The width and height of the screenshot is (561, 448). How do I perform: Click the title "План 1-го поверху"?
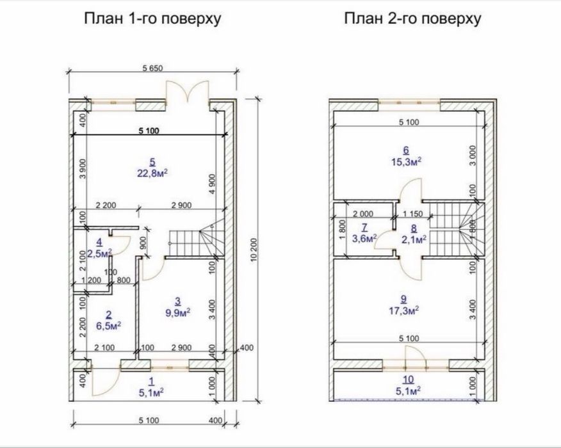(x=152, y=19)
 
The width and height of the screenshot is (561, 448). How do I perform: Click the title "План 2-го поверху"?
(x=412, y=19)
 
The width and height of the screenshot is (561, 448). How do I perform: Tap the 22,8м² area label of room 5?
(x=152, y=173)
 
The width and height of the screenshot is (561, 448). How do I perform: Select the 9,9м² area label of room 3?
(x=177, y=313)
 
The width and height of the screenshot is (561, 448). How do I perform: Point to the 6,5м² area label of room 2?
(x=108, y=326)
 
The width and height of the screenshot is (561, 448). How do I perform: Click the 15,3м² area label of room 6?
(x=406, y=162)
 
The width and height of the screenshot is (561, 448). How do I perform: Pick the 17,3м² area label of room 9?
(x=404, y=310)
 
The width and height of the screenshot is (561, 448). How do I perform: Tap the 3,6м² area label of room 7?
(x=364, y=239)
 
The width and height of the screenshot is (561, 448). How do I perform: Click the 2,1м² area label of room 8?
(x=414, y=239)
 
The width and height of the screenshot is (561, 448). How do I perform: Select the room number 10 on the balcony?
(x=408, y=380)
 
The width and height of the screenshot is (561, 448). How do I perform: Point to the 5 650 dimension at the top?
(x=153, y=68)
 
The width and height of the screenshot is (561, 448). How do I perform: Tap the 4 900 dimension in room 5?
(x=213, y=184)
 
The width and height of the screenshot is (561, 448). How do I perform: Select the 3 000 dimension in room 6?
(x=473, y=155)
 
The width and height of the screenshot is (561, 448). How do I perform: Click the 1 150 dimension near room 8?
(x=412, y=214)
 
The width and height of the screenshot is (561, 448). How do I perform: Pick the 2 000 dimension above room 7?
(x=363, y=214)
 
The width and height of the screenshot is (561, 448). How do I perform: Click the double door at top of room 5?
(x=187, y=92)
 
